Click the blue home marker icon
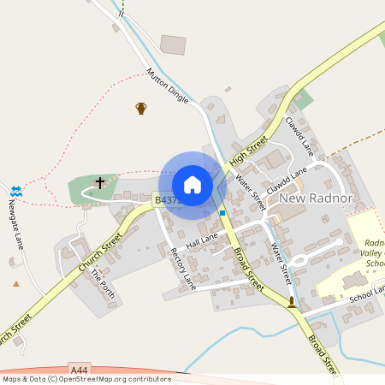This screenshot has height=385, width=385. [x=192, y=185]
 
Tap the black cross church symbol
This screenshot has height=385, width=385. [x=99, y=182]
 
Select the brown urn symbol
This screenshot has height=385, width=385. [x=141, y=108]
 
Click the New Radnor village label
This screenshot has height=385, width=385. [x=316, y=198]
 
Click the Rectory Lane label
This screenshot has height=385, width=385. [x=184, y=269]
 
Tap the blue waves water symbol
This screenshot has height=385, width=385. [x=16, y=189]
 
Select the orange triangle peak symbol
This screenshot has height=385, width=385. [x=15, y=283]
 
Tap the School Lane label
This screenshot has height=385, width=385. [x=367, y=293]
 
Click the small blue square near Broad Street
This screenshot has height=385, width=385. [x=222, y=212]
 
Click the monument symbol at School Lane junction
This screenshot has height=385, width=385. [x=292, y=301]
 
